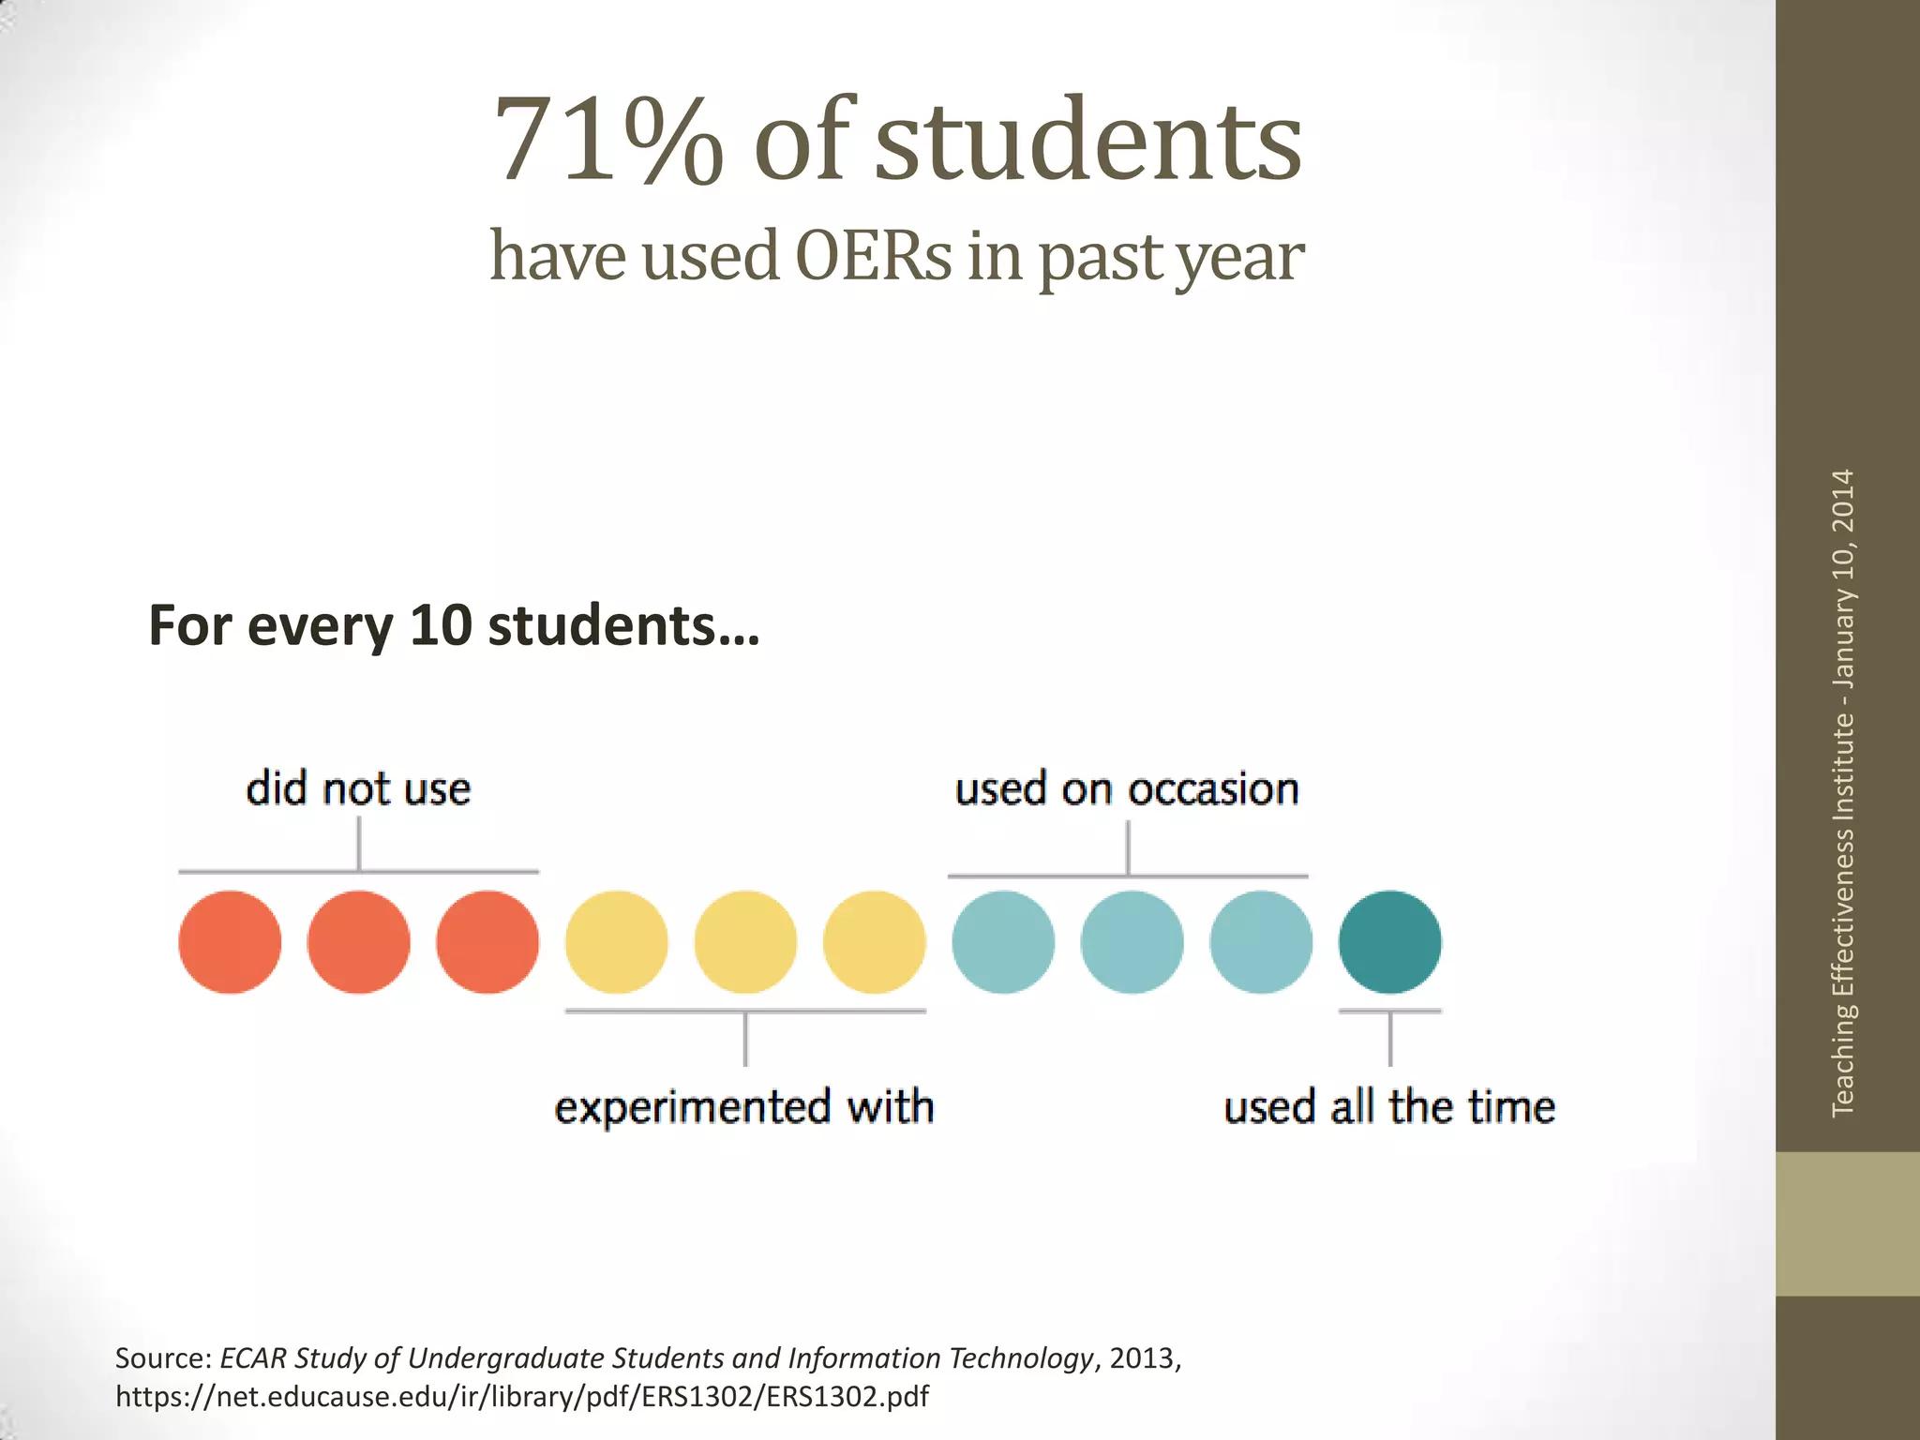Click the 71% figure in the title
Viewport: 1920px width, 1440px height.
607,141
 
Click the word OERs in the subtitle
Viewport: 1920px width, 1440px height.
873,256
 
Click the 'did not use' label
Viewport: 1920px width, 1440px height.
358,788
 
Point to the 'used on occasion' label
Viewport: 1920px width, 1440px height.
1127,788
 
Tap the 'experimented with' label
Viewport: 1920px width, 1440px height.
744,1107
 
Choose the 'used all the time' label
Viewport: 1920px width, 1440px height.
1389,1107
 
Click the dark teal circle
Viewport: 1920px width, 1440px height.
1389,941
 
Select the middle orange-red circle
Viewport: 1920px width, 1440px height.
358,941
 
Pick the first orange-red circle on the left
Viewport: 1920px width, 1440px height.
230,941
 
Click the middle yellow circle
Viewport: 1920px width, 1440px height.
745,941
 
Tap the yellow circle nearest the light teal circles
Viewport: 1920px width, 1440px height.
874,941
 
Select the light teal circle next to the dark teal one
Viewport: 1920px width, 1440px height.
1261,941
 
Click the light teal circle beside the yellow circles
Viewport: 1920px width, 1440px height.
1003,941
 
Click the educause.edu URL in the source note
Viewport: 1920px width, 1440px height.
521,1397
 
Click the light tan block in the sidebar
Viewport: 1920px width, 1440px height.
1847,1223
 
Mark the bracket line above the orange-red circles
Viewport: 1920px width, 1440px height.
358,871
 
